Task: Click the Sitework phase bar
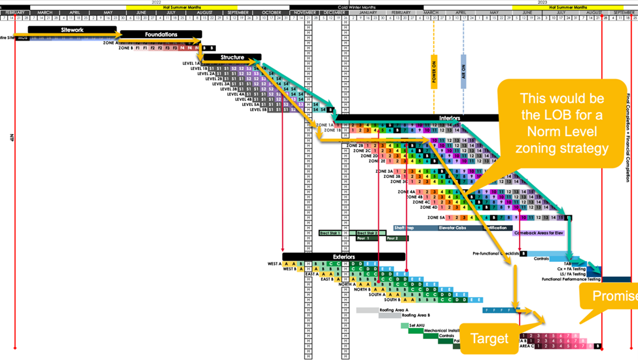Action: [x=72, y=29]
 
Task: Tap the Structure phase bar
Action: [x=232, y=58]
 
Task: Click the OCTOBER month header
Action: [x=272, y=12]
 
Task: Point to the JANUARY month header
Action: [x=367, y=12]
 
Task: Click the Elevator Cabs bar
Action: [x=459, y=228]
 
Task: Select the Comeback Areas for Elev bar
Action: [x=539, y=233]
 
